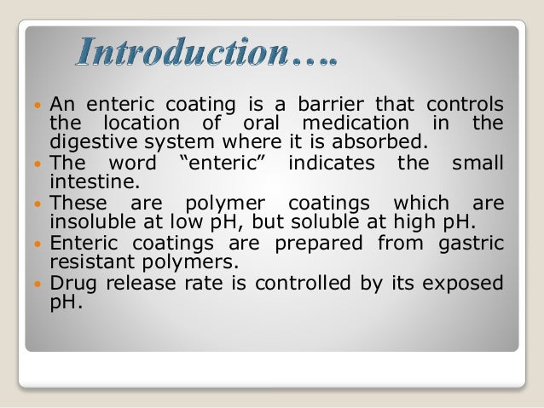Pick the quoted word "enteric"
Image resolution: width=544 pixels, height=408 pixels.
224,164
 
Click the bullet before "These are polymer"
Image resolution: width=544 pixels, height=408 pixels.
38,204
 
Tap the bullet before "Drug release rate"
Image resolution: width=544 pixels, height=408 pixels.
38,284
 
